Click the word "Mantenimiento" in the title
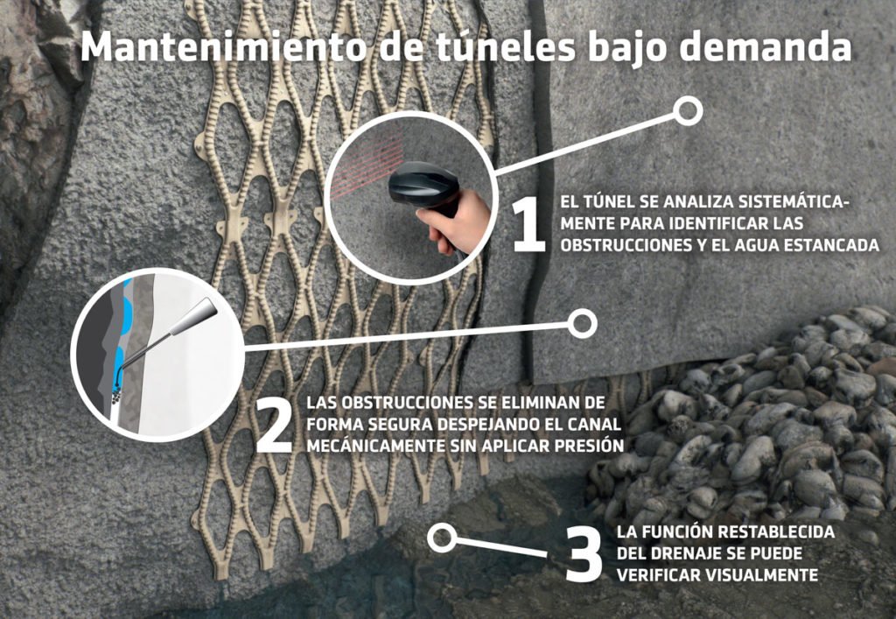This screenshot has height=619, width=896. (223, 47)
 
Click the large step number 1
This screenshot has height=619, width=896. (528, 225)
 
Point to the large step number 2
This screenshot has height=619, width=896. (275, 426)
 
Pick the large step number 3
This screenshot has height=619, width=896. (584, 554)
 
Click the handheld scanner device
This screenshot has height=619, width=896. (422, 187)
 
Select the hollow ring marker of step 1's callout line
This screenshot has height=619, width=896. (688, 110)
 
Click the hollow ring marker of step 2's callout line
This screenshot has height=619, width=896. (582, 323)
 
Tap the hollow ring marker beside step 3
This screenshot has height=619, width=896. (442, 538)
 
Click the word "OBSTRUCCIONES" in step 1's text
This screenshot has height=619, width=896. (625, 245)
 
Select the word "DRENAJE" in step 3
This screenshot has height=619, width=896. (686, 553)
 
